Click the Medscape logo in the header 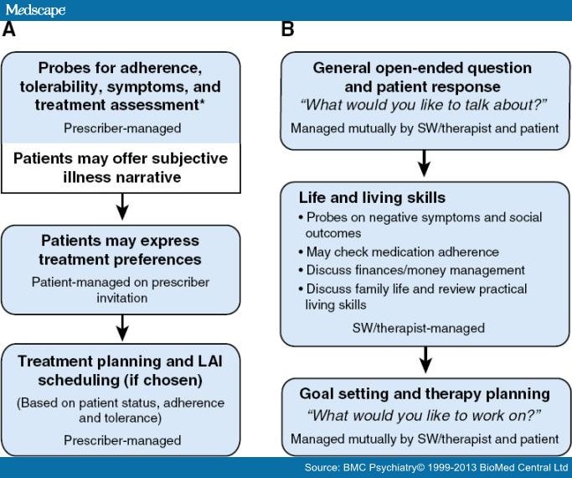tap(34, 9)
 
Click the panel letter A tap(9, 30)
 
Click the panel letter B tap(287, 30)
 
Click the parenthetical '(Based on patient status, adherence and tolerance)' tap(121, 410)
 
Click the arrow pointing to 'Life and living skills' tap(425, 163)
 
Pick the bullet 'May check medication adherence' tap(403, 252)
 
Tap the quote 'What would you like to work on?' tap(425, 415)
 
